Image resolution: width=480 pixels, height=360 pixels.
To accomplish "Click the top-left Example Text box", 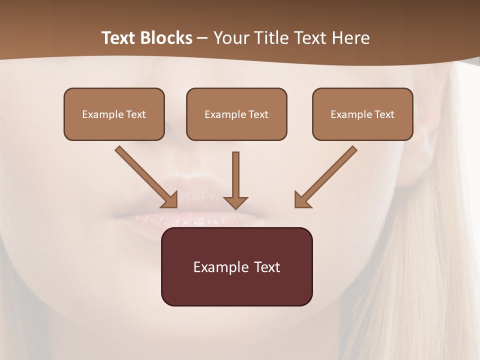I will pos(114,114).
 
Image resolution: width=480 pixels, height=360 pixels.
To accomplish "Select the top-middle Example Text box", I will pos(236,114).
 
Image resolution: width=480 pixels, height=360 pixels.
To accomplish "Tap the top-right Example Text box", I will pos(362,114).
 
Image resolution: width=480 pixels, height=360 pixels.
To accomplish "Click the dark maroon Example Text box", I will pos(236,266).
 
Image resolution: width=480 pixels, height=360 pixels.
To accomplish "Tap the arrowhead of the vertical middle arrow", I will pos(235,202).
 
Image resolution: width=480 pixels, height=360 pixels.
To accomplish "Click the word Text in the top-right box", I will pos(384,114).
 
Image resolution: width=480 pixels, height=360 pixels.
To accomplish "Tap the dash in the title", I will pos(203,38).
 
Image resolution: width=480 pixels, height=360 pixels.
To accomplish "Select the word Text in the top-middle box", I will pos(258,114).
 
